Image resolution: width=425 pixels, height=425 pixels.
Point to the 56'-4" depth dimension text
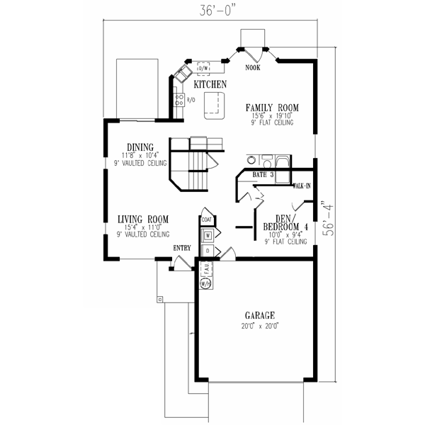pos(323,223)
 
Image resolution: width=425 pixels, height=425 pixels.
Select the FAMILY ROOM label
pos(273,108)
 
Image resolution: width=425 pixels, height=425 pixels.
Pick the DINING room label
pos(140,147)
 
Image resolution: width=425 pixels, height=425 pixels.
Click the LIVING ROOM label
pos(142,219)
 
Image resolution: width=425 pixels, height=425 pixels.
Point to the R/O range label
pos(191,98)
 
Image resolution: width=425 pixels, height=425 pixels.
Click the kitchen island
pos(212,105)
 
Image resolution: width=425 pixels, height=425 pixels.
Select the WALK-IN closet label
pos(302,186)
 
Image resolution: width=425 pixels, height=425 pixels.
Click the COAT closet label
pos(206,220)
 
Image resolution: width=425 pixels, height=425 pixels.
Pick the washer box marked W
pos(208,234)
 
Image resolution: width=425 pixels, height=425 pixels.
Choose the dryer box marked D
pos(208,251)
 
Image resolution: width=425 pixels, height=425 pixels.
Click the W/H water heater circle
pos(206,283)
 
